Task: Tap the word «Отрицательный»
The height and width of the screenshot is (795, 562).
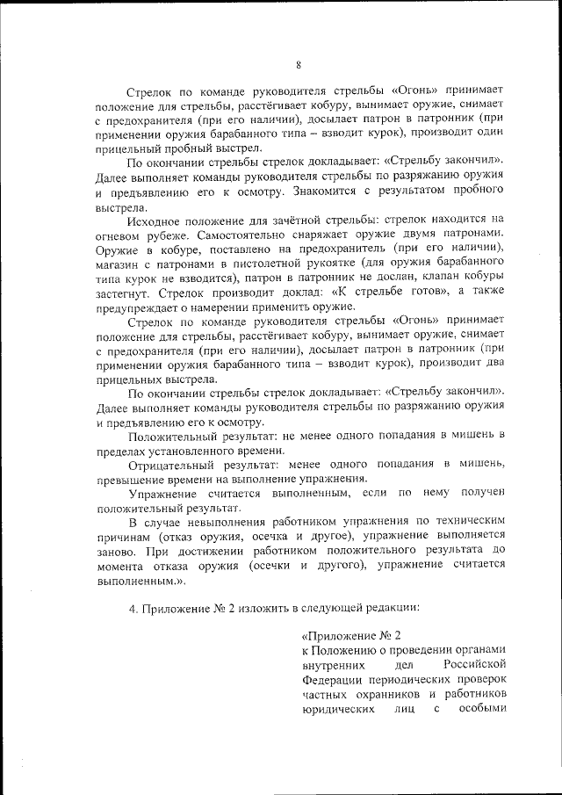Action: pos(170,464)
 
